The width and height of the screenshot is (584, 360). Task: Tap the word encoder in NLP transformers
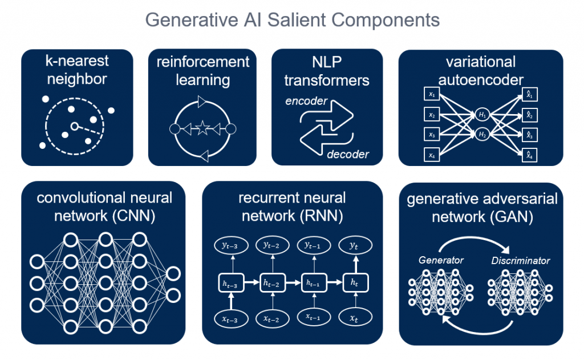[x=307, y=101]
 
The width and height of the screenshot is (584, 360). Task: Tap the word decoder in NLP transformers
[x=348, y=154]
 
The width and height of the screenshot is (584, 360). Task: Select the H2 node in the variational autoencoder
[x=482, y=135]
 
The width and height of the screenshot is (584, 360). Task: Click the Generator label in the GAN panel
[x=441, y=260]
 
